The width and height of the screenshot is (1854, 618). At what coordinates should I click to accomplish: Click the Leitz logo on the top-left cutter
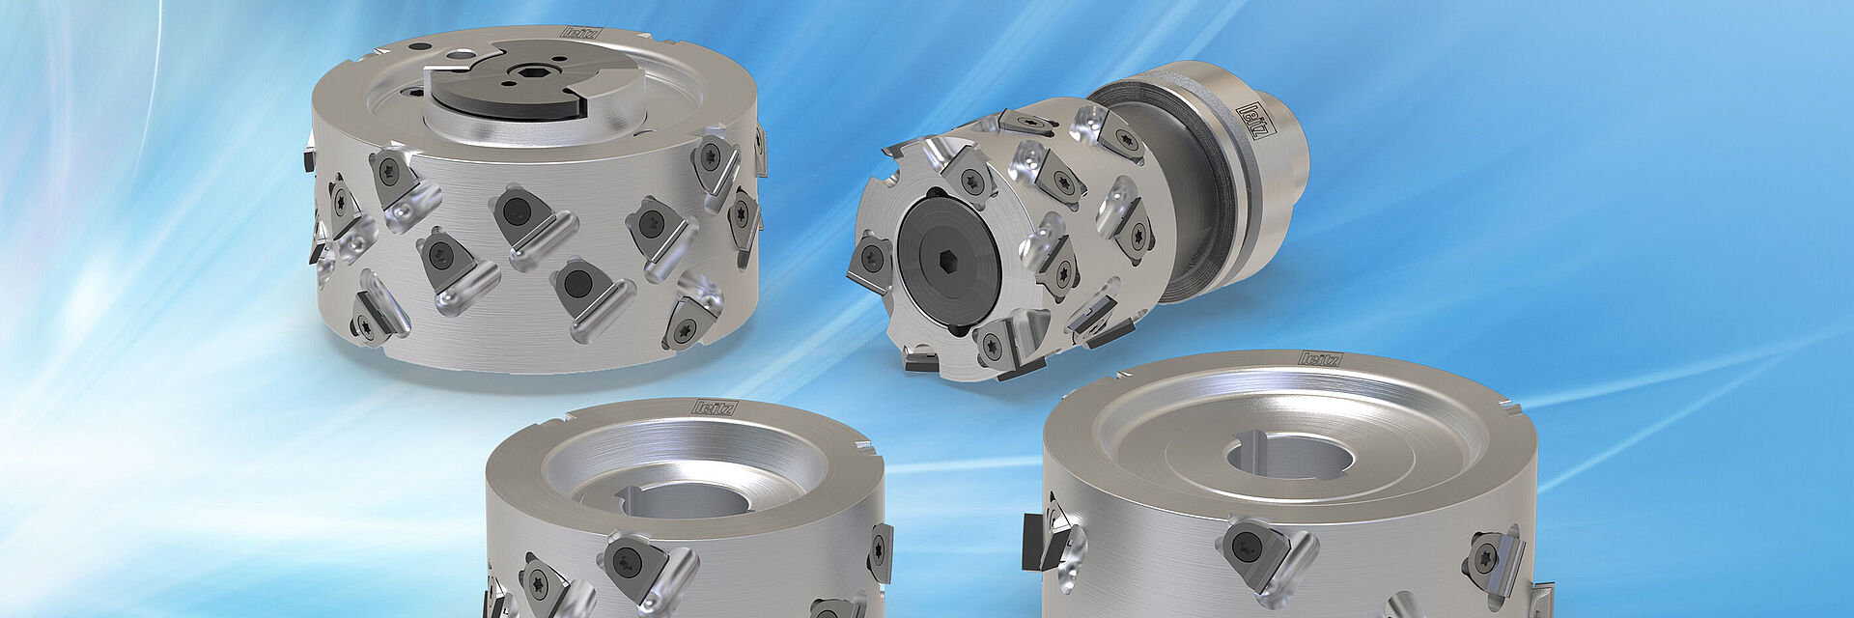pyautogui.click(x=581, y=33)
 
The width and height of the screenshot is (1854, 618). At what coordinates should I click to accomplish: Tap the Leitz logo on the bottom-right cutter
pyautogui.click(x=1319, y=359)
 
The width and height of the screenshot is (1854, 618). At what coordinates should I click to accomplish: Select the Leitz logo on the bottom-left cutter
pyautogui.click(x=716, y=407)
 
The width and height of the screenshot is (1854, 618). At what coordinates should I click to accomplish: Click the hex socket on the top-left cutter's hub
pyautogui.click(x=530, y=71)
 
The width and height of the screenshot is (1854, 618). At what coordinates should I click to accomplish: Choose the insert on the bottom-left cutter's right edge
pyautogui.click(x=881, y=552)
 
